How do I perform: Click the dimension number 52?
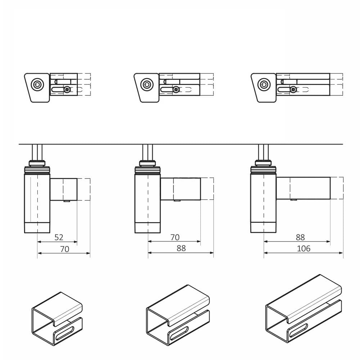59,237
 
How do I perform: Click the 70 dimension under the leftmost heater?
64,249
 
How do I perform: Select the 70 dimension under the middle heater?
175,237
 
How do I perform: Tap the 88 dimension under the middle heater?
181,248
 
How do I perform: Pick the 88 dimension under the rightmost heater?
300,237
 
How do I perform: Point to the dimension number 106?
303,248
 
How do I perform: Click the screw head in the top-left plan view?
67,89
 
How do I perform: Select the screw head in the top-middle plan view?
176,89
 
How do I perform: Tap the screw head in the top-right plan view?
293,89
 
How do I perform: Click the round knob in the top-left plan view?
37,85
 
